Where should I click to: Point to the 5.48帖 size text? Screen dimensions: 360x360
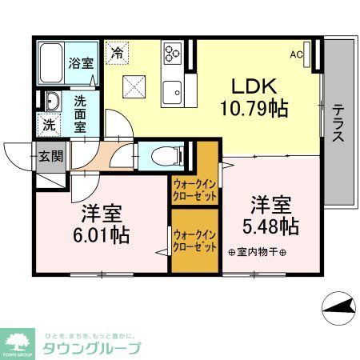coord(272,226)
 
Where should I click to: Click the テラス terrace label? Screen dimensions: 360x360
coord(338,124)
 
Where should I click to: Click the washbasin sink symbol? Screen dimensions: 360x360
coord(52,102)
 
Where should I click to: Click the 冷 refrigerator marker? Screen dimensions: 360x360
coord(118,54)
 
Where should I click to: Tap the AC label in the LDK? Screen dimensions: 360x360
coord(297,55)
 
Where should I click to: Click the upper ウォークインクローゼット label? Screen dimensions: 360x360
coord(195,190)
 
